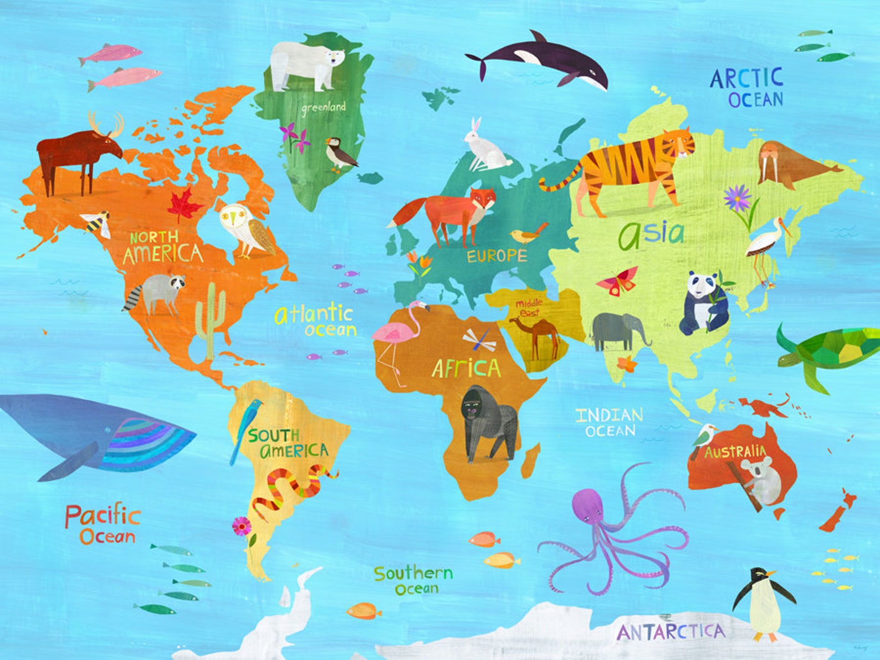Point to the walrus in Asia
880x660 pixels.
pyautogui.click(x=787, y=162)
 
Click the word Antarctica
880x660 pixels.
pyautogui.click(x=671, y=632)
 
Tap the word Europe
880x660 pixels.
pyautogui.click(x=497, y=255)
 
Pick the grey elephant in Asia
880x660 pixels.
pyautogui.click(x=616, y=330)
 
